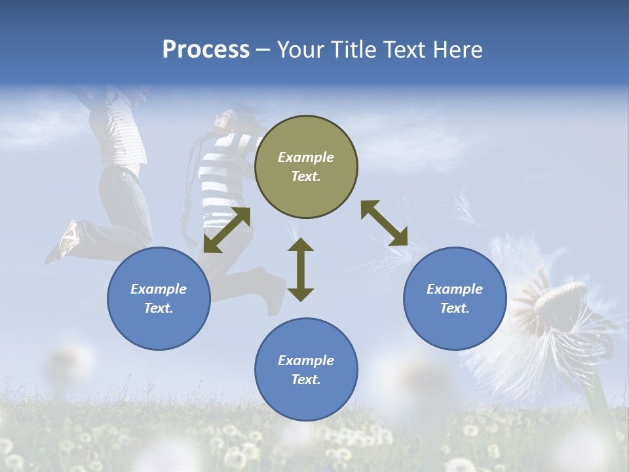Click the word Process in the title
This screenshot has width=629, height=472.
(x=206, y=50)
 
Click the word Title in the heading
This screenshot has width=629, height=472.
(x=353, y=50)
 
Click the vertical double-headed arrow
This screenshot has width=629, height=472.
(x=301, y=269)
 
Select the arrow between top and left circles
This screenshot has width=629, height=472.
(x=227, y=230)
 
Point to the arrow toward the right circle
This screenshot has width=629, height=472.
(x=384, y=224)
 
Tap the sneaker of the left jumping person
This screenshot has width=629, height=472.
(x=68, y=239)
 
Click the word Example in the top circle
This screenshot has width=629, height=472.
(x=306, y=157)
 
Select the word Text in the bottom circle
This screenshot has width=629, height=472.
(x=305, y=380)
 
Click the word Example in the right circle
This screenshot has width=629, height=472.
(x=455, y=289)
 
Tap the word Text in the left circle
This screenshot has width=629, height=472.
(x=158, y=308)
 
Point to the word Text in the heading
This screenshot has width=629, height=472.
(x=404, y=50)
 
